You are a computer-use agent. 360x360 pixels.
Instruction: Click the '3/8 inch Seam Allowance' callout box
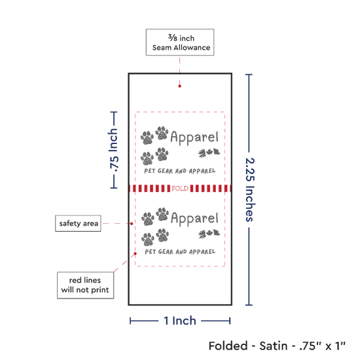180,43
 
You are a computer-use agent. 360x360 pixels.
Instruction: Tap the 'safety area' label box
78,223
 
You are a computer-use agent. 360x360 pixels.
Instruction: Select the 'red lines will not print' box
85,285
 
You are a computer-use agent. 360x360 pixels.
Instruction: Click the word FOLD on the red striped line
180,189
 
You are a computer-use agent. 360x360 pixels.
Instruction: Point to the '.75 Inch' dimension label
114,150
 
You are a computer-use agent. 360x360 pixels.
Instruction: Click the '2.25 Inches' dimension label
250,190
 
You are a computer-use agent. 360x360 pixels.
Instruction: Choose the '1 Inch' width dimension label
180,321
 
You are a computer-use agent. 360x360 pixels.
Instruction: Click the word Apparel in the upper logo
194,137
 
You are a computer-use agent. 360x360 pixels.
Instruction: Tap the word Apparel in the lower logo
194,219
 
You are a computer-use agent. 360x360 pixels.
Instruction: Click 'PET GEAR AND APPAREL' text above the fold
180,171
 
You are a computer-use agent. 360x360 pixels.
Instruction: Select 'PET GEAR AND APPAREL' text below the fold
180,252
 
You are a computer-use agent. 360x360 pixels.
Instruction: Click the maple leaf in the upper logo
209,152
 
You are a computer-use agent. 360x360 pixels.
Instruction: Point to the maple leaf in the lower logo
209,233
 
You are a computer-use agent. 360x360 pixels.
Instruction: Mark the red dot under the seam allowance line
179,86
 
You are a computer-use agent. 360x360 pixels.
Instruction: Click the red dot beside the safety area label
132,223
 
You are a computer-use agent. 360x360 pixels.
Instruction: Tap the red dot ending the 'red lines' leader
135,253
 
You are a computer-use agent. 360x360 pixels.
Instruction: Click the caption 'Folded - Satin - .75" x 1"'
277,346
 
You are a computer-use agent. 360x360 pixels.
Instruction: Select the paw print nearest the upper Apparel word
162,133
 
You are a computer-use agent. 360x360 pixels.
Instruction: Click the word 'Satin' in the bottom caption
273,346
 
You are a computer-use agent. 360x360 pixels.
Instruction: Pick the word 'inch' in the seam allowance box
187,38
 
